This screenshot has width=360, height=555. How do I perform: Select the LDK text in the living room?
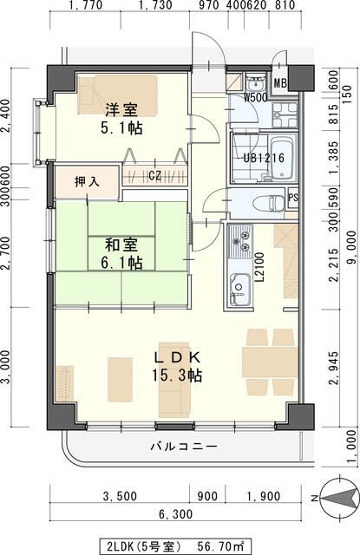tap(178, 357)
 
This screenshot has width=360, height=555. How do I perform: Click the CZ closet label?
tap(155, 176)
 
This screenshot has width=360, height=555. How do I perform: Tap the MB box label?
tap(281, 84)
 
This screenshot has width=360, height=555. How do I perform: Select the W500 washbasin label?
tap(255, 97)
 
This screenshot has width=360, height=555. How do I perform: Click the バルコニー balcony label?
tap(183, 447)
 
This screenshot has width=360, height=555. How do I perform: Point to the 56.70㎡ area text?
tap(221, 545)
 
